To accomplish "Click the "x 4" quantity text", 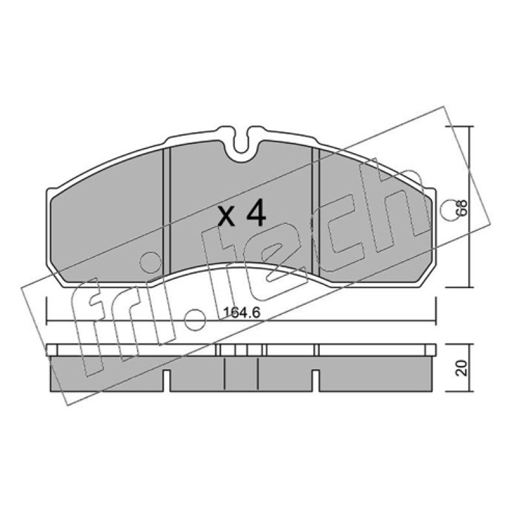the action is (242, 213).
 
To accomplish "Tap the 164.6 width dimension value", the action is (242, 313).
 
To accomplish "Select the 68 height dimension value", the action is (462, 208).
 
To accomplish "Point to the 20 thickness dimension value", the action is (462, 367).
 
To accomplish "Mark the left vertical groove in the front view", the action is (167, 212).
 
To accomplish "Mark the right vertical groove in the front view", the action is (315, 212).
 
